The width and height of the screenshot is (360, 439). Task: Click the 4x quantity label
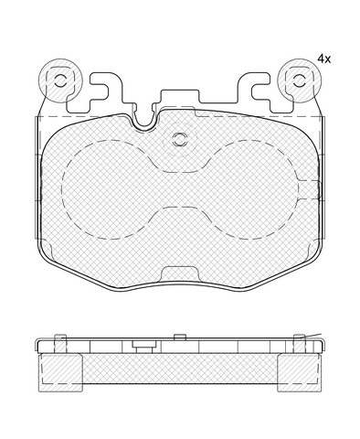click(323, 59)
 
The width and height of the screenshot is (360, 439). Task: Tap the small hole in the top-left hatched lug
click(60, 81)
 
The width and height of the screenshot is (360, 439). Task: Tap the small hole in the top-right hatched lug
click(300, 81)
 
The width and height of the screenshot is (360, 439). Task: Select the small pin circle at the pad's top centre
click(178, 140)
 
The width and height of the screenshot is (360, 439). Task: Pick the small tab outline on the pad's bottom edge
click(179, 273)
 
